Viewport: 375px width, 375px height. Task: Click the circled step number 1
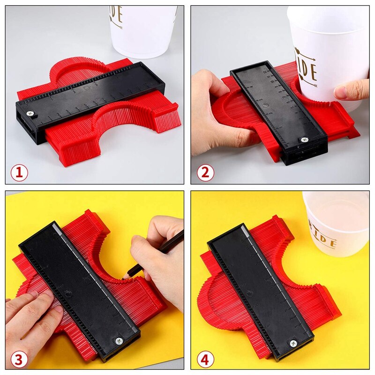pyautogui.click(x=19, y=172)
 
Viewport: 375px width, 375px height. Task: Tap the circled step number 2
pyautogui.click(x=204, y=172)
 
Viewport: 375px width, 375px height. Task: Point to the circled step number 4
pyautogui.click(x=204, y=360)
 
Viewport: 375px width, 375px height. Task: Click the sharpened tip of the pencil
pyautogui.click(x=123, y=278)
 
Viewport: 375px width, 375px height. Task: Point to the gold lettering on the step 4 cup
pyautogui.click(x=326, y=239)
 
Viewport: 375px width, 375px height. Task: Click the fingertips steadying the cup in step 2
pyautogui.click(x=352, y=90)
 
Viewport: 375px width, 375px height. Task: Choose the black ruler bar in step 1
pyautogui.click(x=89, y=94)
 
